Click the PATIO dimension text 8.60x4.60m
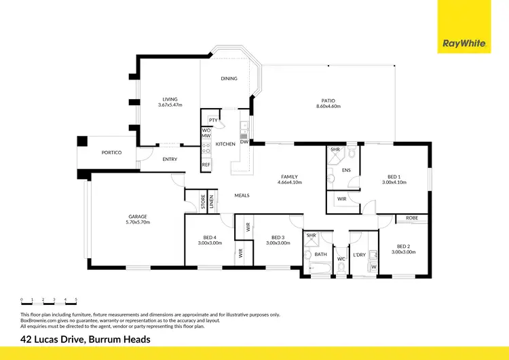[x=328, y=107]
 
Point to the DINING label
[x=229, y=79]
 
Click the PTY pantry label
[x=212, y=120]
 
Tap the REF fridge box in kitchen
[x=206, y=164]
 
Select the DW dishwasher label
[x=244, y=142]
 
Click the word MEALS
[x=242, y=196]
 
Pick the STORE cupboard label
[x=202, y=202]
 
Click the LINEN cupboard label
[x=212, y=202]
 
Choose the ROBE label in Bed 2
[x=412, y=218]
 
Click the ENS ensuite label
[x=346, y=170]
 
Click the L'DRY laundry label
[x=359, y=255]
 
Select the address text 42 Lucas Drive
[x=85, y=339]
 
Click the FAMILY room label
[x=288, y=177]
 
